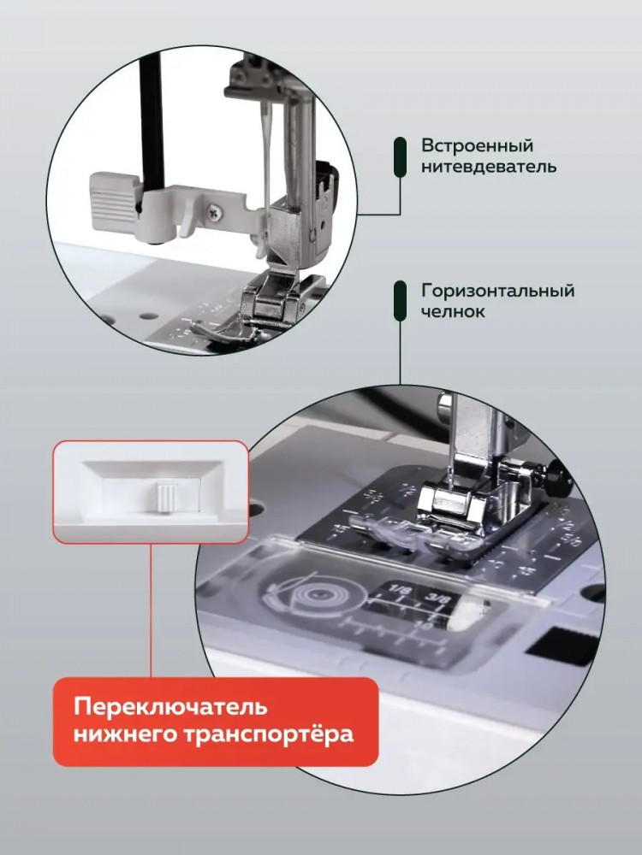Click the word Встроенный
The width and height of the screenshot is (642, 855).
tap(477, 147)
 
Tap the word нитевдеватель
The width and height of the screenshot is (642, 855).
tap(489, 167)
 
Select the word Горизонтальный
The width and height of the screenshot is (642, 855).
tap(497, 292)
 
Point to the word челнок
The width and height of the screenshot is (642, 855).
tap(453, 311)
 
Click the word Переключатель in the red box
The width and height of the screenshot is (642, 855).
tap(171, 707)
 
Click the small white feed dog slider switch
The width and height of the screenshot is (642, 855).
tap(164, 496)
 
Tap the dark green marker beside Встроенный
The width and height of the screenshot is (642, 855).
tap(400, 157)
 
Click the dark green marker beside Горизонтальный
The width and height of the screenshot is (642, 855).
tap(400, 302)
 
